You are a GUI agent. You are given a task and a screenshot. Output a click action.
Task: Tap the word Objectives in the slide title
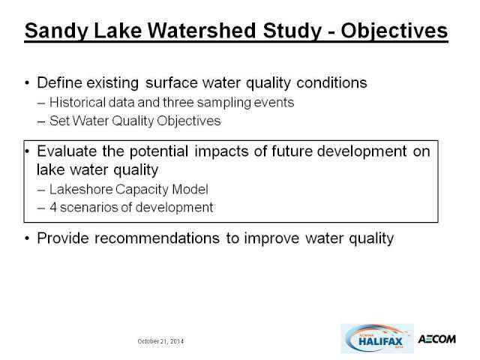coord(394,31)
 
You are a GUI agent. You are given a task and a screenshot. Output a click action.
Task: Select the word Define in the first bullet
coord(57,82)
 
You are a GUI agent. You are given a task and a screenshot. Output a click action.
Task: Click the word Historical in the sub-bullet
coord(77,102)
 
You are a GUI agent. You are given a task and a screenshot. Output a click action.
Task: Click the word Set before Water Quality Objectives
coord(59,121)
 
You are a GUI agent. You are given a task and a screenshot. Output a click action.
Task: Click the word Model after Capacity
coord(190,189)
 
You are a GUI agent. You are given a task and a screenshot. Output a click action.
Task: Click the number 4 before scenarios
coord(53,207)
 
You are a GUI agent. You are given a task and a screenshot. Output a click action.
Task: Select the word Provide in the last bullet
coord(63,238)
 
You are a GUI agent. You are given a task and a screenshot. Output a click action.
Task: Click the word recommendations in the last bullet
coord(157,238)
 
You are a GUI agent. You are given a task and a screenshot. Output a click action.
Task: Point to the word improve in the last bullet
coord(271,238)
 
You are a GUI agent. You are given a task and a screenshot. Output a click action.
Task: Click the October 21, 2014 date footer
coord(160,341)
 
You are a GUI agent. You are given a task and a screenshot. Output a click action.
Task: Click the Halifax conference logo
coord(377,338)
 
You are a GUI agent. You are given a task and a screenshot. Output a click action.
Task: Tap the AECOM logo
coord(436,339)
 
